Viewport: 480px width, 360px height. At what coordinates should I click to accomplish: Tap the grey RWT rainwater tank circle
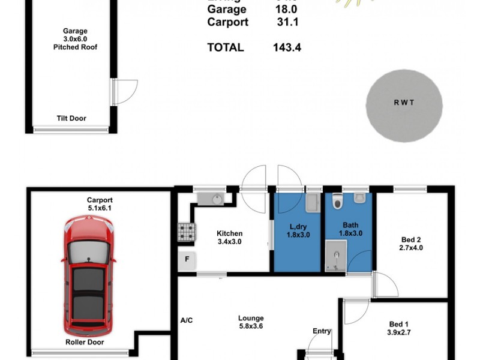[x=404, y=106]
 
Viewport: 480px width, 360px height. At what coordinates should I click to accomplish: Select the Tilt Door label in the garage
[x=71, y=119]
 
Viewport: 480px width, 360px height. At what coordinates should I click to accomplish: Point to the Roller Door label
[x=84, y=343]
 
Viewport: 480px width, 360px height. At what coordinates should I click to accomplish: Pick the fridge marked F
[x=187, y=260]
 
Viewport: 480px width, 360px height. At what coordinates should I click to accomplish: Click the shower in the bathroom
[x=336, y=256]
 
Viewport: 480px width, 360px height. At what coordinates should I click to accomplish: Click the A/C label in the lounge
[x=187, y=320]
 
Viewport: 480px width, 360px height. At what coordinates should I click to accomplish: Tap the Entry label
[x=322, y=331]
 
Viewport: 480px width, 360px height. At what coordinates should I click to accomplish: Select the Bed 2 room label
[x=411, y=243]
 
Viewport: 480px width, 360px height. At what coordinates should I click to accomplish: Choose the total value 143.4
[x=286, y=47]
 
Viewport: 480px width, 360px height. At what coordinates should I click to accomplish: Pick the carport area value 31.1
[x=286, y=22]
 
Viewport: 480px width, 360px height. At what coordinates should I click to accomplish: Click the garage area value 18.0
[x=286, y=10]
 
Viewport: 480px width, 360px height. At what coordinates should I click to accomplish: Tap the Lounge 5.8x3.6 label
[x=250, y=322]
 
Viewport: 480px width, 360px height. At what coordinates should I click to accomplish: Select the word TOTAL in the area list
[x=226, y=47]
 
